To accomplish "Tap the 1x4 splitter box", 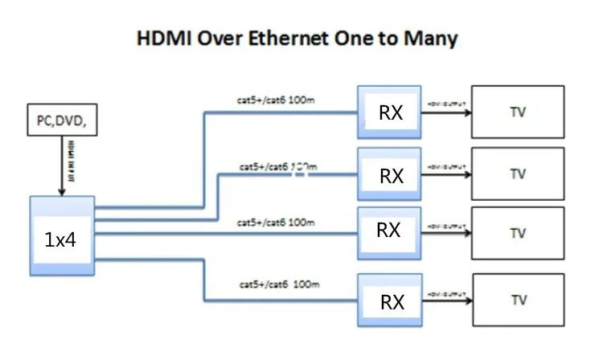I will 61,239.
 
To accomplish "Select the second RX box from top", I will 389,174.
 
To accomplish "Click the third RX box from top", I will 389,231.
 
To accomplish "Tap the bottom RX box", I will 389,301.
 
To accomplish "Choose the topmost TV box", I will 518,112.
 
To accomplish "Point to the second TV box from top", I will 518,174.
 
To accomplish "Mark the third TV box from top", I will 518,233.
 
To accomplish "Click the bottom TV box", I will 518,301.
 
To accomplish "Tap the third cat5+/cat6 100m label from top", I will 277,221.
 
